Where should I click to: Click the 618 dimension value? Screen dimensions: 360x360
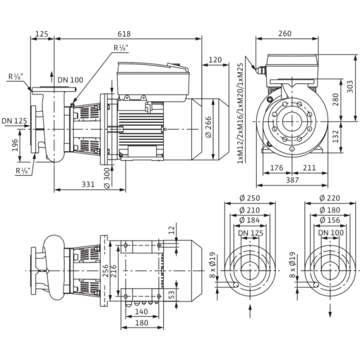click(x=124, y=34)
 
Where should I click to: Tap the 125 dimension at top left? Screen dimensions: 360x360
click(x=42, y=34)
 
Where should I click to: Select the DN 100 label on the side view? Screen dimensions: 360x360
click(x=70, y=80)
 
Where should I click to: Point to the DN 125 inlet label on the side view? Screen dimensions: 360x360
click(x=14, y=121)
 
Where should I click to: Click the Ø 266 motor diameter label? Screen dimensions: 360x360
click(x=208, y=127)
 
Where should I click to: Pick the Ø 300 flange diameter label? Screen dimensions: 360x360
click(x=107, y=178)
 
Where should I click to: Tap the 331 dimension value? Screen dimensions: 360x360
click(x=88, y=184)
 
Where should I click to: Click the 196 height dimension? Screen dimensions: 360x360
click(x=15, y=145)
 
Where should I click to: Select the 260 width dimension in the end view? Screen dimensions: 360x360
click(x=284, y=34)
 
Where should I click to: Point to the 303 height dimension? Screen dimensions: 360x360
click(x=350, y=86)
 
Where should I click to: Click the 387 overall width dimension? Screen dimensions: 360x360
click(x=292, y=180)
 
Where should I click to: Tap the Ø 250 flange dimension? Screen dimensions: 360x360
click(x=250, y=198)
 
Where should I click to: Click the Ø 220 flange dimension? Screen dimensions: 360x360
click(x=329, y=198)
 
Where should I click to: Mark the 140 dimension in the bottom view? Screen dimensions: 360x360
click(x=142, y=312)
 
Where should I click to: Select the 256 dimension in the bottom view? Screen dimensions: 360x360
click(x=106, y=271)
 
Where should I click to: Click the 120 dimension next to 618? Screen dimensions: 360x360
click(x=215, y=60)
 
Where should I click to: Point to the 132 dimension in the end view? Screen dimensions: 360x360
click(x=335, y=136)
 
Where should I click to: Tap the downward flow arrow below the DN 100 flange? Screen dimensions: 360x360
click(x=331, y=310)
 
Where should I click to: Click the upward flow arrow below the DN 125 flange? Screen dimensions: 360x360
click(x=250, y=310)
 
